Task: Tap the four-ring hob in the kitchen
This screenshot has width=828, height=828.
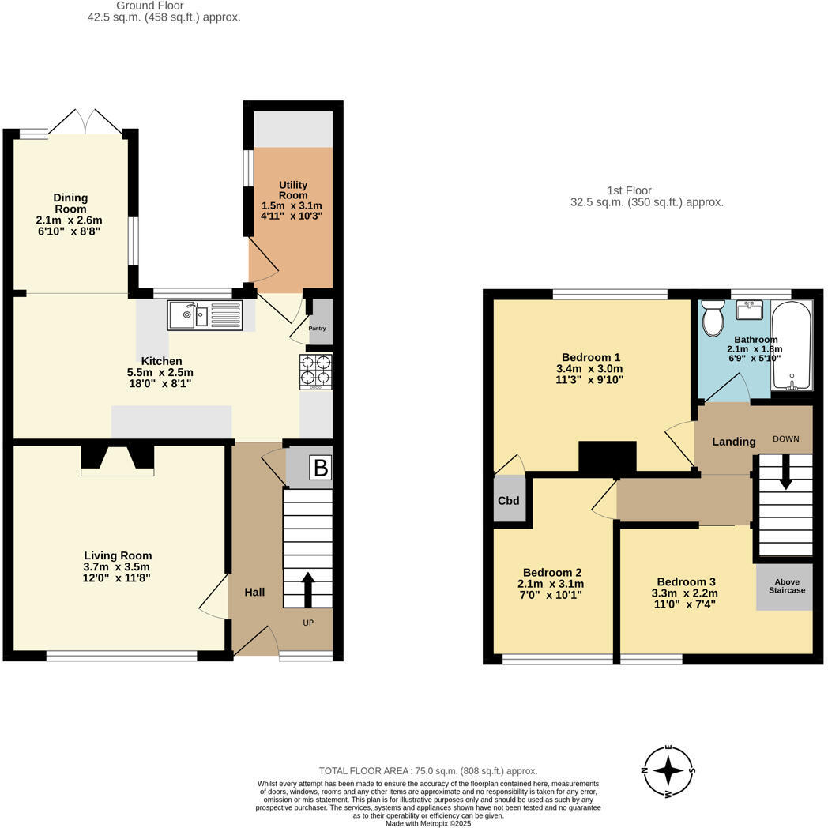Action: pos(315,371)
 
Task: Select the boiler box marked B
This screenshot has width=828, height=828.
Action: pos(320,468)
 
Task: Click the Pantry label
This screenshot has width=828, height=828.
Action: pos(317,329)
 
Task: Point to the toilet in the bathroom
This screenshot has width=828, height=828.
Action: pos(713,318)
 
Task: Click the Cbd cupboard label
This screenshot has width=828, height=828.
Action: pos(508,501)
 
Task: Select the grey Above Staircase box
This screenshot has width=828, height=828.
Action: pos(785,586)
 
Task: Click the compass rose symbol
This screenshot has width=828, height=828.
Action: pos(668,770)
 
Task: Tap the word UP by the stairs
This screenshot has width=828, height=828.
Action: pos(308,623)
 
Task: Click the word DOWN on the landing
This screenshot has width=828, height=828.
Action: pos(786,440)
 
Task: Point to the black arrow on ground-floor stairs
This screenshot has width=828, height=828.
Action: pos(307,589)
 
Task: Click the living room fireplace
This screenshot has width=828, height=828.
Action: pos(117,460)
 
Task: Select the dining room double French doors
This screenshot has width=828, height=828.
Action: pos(85,121)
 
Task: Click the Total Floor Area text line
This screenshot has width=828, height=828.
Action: pos(427,770)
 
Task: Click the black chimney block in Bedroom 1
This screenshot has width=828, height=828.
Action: pos(607,457)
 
